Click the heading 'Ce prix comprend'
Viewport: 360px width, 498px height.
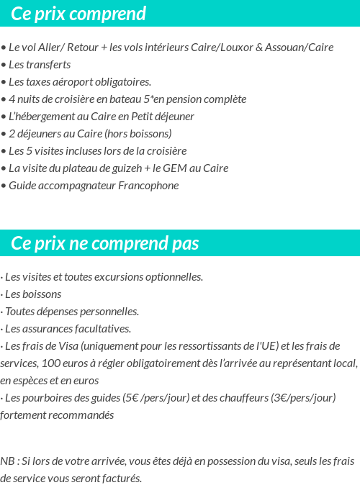79,14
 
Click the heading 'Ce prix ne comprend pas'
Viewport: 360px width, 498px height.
105,243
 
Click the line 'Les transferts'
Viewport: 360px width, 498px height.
39,65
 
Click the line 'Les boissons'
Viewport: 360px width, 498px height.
32,294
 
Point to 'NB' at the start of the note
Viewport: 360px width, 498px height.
7,461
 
